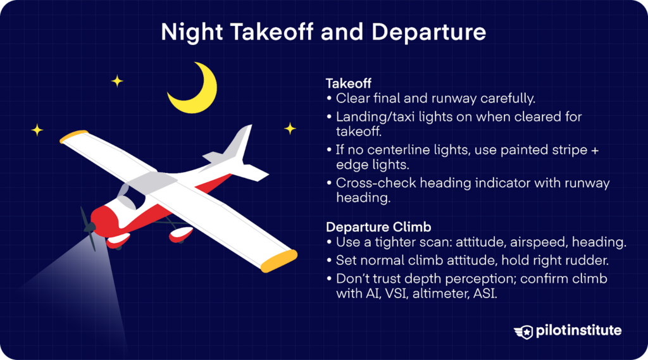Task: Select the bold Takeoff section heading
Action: coord(348,83)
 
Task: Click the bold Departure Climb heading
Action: coord(370,227)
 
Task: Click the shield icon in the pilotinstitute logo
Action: coord(523,331)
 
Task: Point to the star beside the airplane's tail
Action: coord(290,128)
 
